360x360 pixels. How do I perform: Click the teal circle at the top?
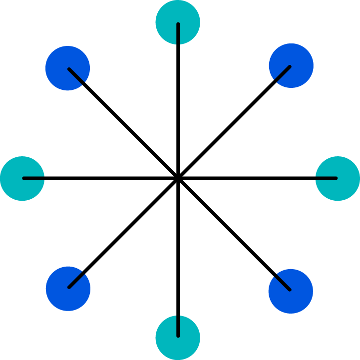tap(178, 22)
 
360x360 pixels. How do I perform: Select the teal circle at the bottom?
tap(178, 338)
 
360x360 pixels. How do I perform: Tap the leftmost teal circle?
tap(22, 178)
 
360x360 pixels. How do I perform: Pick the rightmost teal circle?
tap(338, 178)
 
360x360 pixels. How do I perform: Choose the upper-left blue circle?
tap(67, 68)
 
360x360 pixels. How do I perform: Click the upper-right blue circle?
tap(291, 65)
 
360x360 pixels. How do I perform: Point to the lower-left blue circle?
tap(68, 289)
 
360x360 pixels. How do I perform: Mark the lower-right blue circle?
tap(291, 291)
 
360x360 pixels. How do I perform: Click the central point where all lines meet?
tap(178, 178)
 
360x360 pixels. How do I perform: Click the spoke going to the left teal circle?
tap(100, 178)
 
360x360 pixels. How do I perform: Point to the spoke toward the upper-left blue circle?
tap(123, 123)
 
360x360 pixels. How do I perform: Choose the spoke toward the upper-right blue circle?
tap(234, 122)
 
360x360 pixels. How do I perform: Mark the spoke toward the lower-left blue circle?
tap(123, 233)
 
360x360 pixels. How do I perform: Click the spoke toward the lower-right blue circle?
tap(234, 234)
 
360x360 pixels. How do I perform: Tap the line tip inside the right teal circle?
tap(336, 178)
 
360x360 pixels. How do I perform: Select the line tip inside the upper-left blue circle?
tap(69, 69)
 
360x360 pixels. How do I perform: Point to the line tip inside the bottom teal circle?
tap(178, 336)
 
